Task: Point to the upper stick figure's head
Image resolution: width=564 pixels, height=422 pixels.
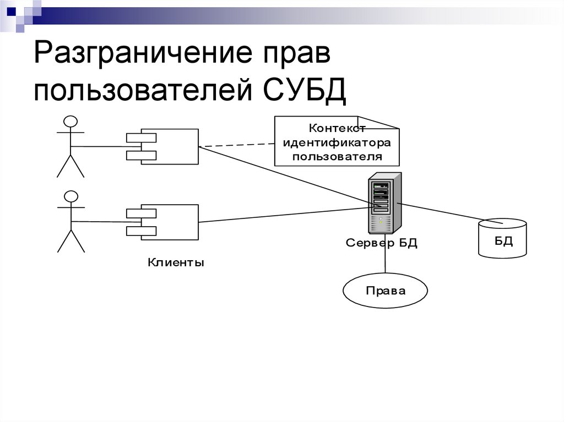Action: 70,122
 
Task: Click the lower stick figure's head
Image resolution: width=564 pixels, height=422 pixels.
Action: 70,197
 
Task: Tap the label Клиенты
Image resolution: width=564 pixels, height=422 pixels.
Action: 176,263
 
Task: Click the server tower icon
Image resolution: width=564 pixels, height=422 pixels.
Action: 385,202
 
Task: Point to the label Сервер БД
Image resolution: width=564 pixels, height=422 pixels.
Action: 382,243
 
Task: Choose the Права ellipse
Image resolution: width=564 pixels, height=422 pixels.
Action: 385,291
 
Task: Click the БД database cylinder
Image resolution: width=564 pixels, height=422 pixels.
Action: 502,238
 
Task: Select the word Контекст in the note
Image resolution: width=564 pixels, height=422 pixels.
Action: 337,129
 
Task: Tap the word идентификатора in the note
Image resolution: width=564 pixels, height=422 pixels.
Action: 337,143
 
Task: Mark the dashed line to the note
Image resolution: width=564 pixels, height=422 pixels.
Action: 237,145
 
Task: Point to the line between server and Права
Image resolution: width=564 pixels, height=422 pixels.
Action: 385,261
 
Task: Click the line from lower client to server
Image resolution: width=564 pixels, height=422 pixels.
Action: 281,215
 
